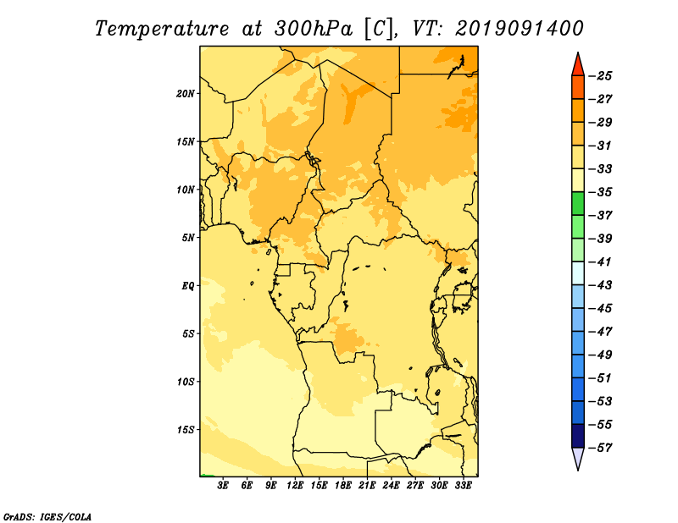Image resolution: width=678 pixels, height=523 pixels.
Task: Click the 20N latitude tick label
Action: point(186,94)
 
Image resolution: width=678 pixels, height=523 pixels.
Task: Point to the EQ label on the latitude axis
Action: point(188,286)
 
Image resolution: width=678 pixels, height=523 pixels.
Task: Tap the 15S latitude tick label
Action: point(186,430)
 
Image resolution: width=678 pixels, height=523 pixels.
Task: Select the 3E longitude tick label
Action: point(223,486)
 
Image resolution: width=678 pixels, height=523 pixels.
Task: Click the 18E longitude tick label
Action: point(343,486)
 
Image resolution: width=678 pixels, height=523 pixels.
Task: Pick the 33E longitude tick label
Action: point(463,486)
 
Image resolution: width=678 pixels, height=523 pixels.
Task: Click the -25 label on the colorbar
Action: point(600,76)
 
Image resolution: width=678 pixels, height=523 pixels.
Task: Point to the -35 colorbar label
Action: point(600,192)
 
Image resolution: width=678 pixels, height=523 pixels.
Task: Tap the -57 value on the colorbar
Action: point(600,448)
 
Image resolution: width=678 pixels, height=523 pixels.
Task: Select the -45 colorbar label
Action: point(600,308)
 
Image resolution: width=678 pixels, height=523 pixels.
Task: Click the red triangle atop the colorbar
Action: point(578,65)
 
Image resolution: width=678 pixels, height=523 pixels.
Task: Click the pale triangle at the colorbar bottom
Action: point(578,458)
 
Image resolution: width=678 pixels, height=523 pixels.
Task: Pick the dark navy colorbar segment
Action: point(578,436)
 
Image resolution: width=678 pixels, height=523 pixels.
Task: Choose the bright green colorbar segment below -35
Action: point(578,203)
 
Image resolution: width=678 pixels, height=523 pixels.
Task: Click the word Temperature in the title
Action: point(162,29)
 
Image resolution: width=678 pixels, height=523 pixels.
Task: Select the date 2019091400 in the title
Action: point(520,29)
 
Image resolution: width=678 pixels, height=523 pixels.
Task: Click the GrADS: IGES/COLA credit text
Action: point(47,516)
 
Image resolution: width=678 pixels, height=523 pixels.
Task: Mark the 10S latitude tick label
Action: point(186,382)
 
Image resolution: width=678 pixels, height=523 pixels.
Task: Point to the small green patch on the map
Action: point(207,476)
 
